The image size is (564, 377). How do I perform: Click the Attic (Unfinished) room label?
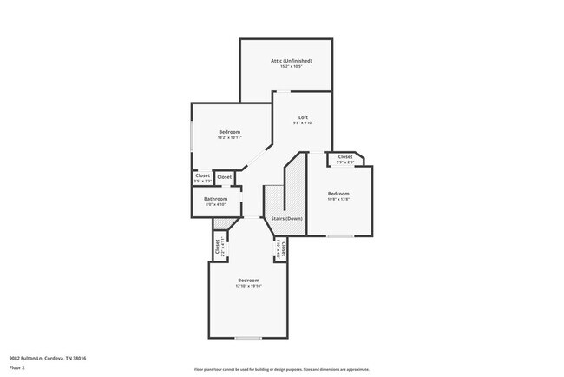point(291,61)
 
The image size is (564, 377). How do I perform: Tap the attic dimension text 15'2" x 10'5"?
point(291,66)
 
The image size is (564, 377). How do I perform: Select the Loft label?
point(303,117)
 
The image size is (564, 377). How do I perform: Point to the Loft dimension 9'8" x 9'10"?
point(303,123)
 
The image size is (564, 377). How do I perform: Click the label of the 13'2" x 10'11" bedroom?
point(229,132)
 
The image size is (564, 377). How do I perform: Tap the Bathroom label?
point(216,199)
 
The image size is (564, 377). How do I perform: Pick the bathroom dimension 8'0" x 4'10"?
point(216,205)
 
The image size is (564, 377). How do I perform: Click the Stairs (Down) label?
point(286,218)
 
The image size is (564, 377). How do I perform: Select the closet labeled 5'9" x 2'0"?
point(344,159)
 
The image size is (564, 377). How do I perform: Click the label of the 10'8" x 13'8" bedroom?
point(338,194)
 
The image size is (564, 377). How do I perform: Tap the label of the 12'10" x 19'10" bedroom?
point(249,280)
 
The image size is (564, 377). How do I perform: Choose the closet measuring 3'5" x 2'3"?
point(202,177)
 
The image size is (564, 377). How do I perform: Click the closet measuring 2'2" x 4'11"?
point(216,247)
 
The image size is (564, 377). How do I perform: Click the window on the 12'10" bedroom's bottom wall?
point(248,337)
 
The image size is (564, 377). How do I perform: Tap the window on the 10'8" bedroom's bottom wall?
point(339,235)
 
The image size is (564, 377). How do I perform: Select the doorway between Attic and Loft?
point(284,90)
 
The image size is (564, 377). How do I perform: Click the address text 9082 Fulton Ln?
point(48,358)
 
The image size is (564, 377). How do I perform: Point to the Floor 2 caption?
point(18,367)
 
